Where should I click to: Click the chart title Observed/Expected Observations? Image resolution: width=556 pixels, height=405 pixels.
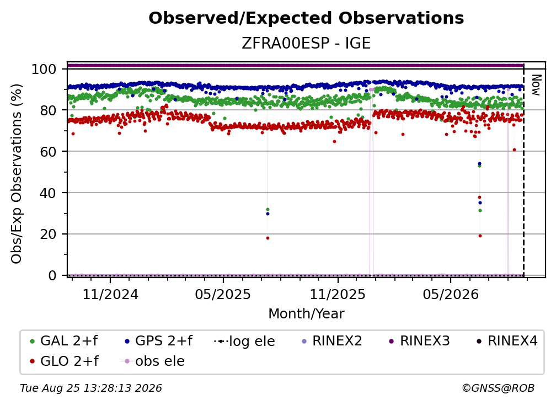pyautogui.click(x=306, y=18)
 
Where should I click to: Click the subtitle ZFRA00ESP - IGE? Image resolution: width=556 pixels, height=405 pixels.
pyautogui.click(x=306, y=44)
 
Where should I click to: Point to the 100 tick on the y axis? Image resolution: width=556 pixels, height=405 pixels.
pyautogui.click(x=44, y=69)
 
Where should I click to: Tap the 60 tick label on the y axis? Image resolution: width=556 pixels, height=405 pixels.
pyautogui.click(x=48, y=152)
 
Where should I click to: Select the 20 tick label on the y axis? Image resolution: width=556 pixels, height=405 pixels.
pyautogui.click(x=48, y=235)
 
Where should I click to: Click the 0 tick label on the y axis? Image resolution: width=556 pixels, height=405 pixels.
pyautogui.click(x=52, y=275)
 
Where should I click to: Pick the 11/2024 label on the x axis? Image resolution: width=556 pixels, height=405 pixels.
pyautogui.click(x=110, y=294)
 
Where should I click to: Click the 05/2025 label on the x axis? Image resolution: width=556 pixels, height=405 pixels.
pyautogui.click(x=223, y=294)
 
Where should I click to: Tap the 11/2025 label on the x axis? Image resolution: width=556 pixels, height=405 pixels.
pyautogui.click(x=338, y=294)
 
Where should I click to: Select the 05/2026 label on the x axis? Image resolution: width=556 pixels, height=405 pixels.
pyautogui.click(x=450, y=294)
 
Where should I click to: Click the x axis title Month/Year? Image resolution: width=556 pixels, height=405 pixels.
pyautogui.click(x=306, y=314)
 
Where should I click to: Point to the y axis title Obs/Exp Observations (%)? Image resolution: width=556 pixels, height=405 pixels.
pyautogui.click(x=17, y=174)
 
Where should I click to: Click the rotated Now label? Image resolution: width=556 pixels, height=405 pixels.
pyautogui.click(x=536, y=85)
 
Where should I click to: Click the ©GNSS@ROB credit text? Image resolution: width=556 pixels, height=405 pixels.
pyautogui.click(x=498, y=388)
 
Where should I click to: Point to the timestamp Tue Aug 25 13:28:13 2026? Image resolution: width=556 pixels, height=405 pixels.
pyautogui.click(x=91, y=388)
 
